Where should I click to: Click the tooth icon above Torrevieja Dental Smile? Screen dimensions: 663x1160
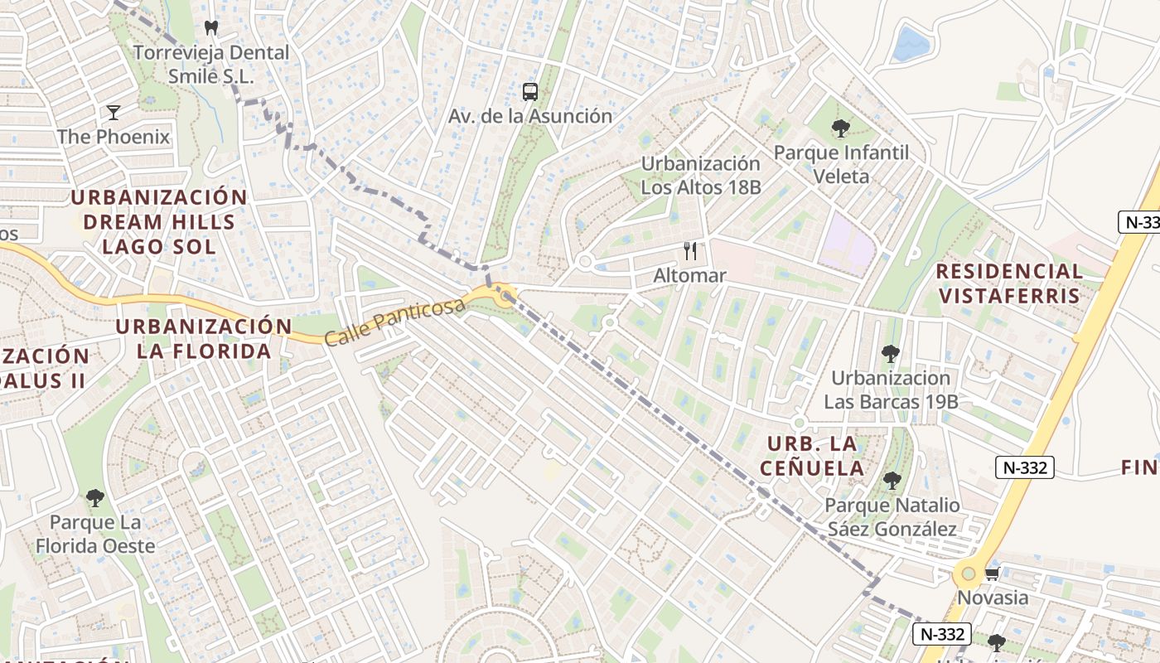pos(211,27)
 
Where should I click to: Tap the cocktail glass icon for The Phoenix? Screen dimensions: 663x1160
pos(114,112)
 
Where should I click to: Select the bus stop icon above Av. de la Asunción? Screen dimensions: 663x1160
pos(530,92)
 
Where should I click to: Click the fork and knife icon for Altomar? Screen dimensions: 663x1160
pos(690,251)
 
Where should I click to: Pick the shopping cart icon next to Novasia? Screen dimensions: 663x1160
pos(992,573)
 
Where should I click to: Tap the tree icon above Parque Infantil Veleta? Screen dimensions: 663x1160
pos(841,128)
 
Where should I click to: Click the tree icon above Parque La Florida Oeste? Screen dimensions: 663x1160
pos(95,498)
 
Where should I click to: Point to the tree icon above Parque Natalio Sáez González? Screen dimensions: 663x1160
pos(892,481)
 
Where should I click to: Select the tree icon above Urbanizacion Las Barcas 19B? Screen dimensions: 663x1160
pos(891,354)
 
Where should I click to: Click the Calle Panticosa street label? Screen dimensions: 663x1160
pos(394,323)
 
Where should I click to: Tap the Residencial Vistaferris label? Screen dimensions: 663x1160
pos(1009,283)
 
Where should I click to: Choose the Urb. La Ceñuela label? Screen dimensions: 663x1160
pos(815,456)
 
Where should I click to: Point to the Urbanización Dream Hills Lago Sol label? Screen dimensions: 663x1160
pos(159,221)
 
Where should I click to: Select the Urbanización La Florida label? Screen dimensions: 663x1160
pos(204,338)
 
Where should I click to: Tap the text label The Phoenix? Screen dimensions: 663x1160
pos(114,137)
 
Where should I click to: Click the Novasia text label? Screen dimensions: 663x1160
pos(993,598)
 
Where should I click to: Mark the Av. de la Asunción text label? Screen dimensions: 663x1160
pos(530,116)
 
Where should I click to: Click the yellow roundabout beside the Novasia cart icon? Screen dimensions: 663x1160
pos(966,573)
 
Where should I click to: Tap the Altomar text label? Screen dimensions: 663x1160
pos(689,275)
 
